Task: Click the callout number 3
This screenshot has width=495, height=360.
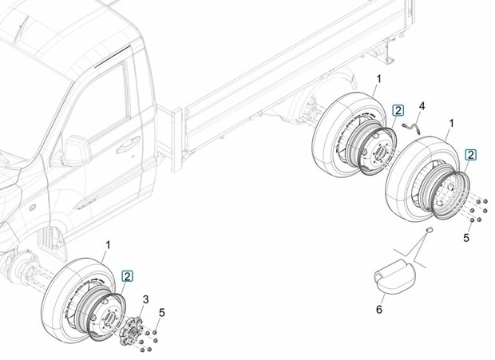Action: [145, 299]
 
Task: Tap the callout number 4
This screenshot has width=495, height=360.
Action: [422, 106]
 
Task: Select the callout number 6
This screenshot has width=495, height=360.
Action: [379, 309]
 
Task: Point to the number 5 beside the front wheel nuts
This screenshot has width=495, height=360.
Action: [162, 313]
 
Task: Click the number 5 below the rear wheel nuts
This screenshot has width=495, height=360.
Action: [466, 238]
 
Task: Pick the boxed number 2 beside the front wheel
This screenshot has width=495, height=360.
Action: [128, 276]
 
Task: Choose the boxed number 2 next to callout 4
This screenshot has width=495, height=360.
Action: [398, 110]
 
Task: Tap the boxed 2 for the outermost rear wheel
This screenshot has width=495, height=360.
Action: [471, 155]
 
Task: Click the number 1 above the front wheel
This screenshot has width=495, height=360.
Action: [108, 245]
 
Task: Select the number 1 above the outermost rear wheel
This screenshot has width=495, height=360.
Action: [452, 123]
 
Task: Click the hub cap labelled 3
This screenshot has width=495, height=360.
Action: [131, 331]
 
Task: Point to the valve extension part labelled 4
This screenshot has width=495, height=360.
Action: [410, 128]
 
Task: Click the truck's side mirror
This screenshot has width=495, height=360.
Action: [76, 151]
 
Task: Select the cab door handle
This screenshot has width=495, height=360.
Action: [129, 144]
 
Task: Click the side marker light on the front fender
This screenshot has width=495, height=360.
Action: [32, 208]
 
